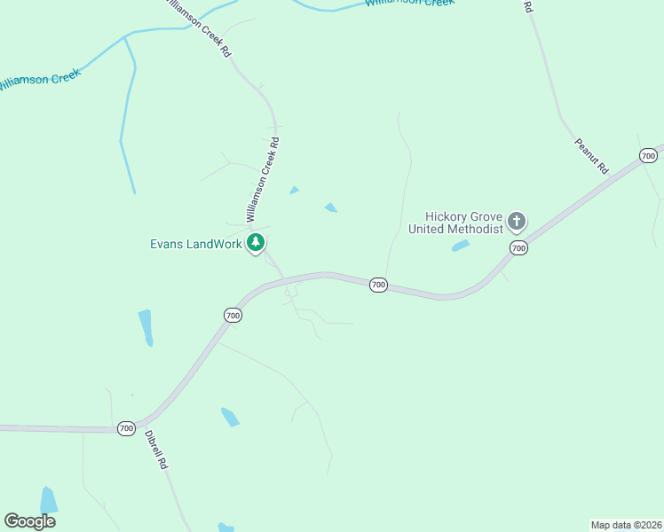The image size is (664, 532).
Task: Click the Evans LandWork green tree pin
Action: [256, 242]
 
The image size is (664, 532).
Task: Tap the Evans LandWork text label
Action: [195, 244]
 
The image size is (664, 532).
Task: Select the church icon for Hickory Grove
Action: [517, 221]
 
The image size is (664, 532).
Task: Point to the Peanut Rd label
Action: [590, 155]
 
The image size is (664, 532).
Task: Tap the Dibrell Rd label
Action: [156, 450]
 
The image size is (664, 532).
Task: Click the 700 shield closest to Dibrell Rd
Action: [126, 428]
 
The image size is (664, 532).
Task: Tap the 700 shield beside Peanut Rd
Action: [648, 156]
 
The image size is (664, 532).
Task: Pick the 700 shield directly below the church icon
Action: [518, 248]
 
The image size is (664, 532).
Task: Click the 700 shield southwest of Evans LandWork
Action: [232, 315]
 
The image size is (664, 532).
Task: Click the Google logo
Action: [29, 521]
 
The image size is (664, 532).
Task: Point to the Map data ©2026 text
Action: [625, 524]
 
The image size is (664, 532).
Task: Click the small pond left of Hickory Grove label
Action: [460, 246]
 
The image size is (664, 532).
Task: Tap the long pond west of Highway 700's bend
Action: [145, 327]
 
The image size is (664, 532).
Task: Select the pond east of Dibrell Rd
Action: [230, 417]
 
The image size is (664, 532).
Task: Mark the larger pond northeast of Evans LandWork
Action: [330, 207]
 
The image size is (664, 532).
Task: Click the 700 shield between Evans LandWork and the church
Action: [378, 285]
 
